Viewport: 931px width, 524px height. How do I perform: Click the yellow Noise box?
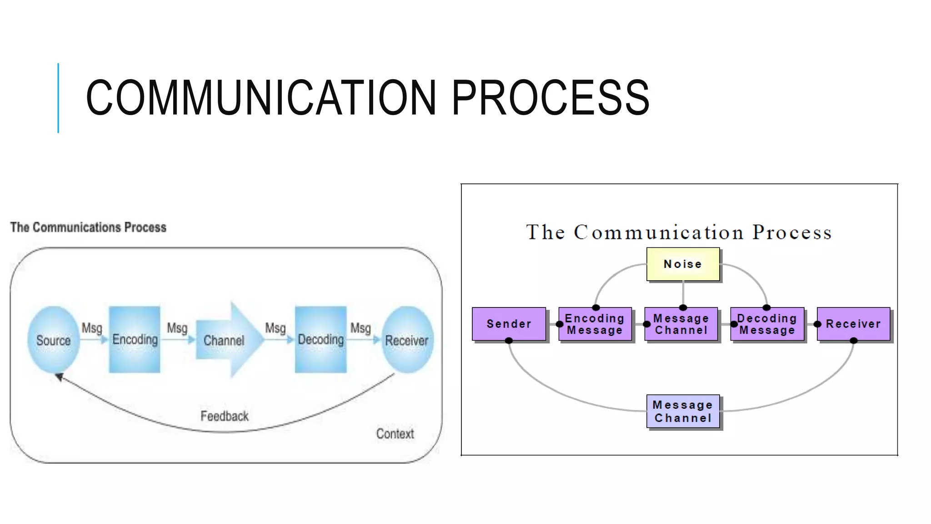[x=683, y=264]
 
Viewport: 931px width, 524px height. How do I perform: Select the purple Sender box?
[x=509, y=324]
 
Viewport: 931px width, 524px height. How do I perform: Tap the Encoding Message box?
[x=595, y=324]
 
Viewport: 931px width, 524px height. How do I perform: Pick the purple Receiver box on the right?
[x=853, y=324]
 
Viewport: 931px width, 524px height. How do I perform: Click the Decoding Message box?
[x=767, y=324]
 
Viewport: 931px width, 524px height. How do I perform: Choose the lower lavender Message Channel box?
[x=683, y=411]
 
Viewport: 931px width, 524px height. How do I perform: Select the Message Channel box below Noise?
[x=681, y=324]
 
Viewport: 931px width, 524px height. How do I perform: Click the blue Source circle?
[x=53, y=340]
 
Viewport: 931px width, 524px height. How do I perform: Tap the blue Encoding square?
[x=135, y=339]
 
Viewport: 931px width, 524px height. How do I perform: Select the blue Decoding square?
[x=320, y=339]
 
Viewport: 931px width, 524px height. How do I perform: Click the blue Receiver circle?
[x=407, y=340]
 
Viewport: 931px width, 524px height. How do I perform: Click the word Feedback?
[x=225, y=416]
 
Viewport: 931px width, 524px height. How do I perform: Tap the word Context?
[x=395, y=434]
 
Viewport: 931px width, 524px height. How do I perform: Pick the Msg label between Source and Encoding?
[x=92, y=328]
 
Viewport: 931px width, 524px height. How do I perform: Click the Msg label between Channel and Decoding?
[x=275, y=328]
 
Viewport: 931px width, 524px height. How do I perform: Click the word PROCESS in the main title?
[x=550, y=98]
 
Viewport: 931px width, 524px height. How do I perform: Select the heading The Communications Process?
[x=88, y=227]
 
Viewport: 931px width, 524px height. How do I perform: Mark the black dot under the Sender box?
[x=509, y=341]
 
